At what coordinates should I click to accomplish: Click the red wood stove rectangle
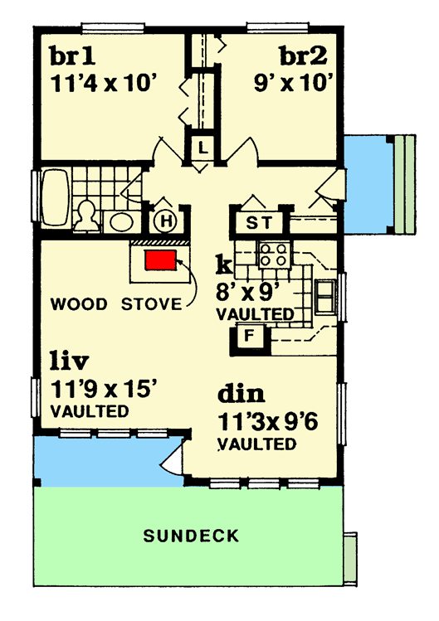[162, 260]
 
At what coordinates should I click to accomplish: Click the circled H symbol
[165, 221]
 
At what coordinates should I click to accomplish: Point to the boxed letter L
[202, 149]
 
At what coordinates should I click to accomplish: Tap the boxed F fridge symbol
[248, 337]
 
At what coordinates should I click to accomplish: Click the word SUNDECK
[191, 536]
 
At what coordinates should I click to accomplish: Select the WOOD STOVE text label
[115, 303]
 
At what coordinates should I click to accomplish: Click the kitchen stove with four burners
[272, 255]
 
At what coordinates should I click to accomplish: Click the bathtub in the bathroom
[53, 198]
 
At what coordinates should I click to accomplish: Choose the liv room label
[69, 361]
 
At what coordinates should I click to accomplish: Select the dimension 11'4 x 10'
[103, 84]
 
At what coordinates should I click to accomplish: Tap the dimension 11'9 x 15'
[104, 386]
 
